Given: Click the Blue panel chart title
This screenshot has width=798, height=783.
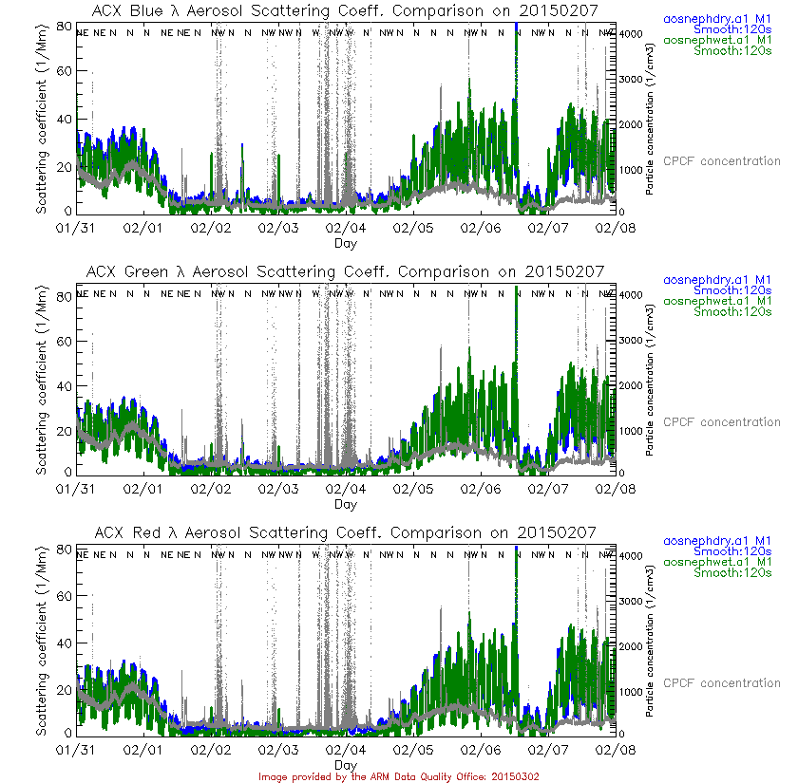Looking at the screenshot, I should coord(346,10).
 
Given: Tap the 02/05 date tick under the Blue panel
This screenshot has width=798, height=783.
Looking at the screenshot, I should coord(413,229).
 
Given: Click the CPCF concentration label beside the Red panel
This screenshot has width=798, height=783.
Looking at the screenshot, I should coord(721,683).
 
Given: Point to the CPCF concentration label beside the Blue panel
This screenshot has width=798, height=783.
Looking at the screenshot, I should coord(721,161).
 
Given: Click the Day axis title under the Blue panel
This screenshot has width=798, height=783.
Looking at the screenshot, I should coord(346,243).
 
